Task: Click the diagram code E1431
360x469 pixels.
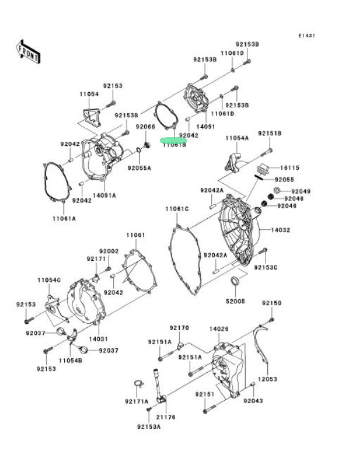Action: (x=307, y=36)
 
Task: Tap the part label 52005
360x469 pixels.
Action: (x=236, y=301)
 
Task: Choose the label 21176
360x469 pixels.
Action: (x=166, y=417)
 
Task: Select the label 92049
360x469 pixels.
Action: (x=301, y=191)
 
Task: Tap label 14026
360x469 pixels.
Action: (x=219, y=330)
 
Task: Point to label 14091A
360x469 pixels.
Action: (x=104, y=195)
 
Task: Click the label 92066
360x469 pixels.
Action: (x=145, y=127)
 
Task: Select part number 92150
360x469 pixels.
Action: (x=271, y=303)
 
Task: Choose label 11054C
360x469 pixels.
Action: (x=50, y=281)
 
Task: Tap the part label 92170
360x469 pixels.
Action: (x=180, y=328)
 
